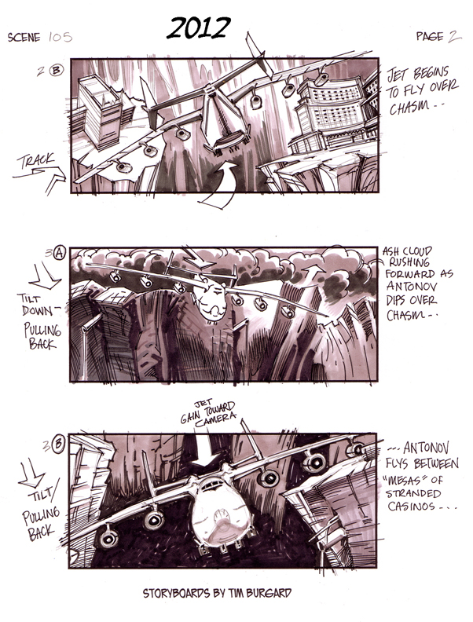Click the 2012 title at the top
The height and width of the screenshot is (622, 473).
[199, 28]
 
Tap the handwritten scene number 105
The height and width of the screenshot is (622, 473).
[60, 37]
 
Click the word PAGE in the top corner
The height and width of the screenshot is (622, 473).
[430, 36]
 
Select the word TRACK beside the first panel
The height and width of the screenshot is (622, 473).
[35, 161]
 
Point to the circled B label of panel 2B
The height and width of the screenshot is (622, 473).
[56, 70]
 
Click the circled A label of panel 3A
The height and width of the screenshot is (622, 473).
[59, 253]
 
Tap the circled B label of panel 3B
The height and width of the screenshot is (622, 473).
[58, 444]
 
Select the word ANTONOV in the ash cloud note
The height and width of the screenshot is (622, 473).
[412, 287]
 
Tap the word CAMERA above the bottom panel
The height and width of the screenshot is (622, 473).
[215, 420]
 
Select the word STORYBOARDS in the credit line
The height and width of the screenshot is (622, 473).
[176, 593]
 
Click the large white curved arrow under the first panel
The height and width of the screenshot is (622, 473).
[221, 184]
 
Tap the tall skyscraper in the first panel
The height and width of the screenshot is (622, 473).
[99, 111]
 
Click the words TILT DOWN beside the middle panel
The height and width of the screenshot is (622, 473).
[38, 304]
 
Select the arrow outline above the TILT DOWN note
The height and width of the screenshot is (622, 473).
[45, 276]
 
